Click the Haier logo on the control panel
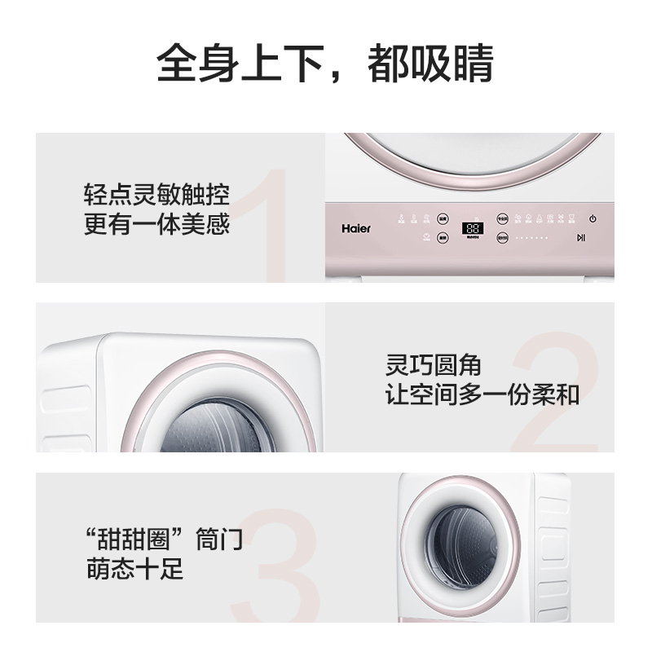coord(355,229)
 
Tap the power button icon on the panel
coord(593,218)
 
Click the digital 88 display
coord(472,229)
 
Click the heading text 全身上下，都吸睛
coord(325,64)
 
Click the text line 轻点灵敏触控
coord(156,196)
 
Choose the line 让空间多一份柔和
coord(482,395)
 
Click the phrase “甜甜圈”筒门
coord(164,540)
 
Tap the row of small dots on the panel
coord(532,238)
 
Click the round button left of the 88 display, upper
coord(443,218)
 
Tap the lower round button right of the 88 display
coord(502,238)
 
